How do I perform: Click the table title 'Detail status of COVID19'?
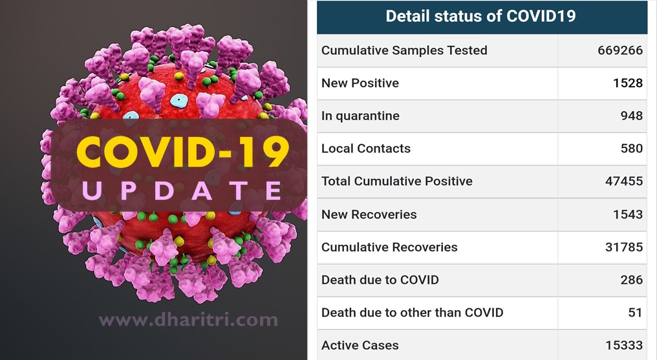coord(480,16)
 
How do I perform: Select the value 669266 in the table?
coord(620,50)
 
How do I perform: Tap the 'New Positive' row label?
coord(360,83)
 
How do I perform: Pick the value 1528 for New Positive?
coord(628,83)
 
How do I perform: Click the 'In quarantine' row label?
coord(360,116)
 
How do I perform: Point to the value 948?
coord(631,116)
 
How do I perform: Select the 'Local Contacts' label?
coord(366,148)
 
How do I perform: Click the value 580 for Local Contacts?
coord(631,148)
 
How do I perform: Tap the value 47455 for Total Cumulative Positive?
coord(624,181)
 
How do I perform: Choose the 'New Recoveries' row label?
coord(369,215)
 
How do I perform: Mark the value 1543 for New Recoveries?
coord(628,215)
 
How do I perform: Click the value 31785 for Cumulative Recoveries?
coord(624,247)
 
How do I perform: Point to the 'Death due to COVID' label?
coord(380,280)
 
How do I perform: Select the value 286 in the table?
coord(631,280)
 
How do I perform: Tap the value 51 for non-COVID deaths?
coord(635,312)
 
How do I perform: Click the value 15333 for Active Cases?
coord(624,345)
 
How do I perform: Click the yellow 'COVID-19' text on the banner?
coord(183,151)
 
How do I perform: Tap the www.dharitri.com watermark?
coord(188,319)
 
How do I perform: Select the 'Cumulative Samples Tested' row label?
coord(404,50)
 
